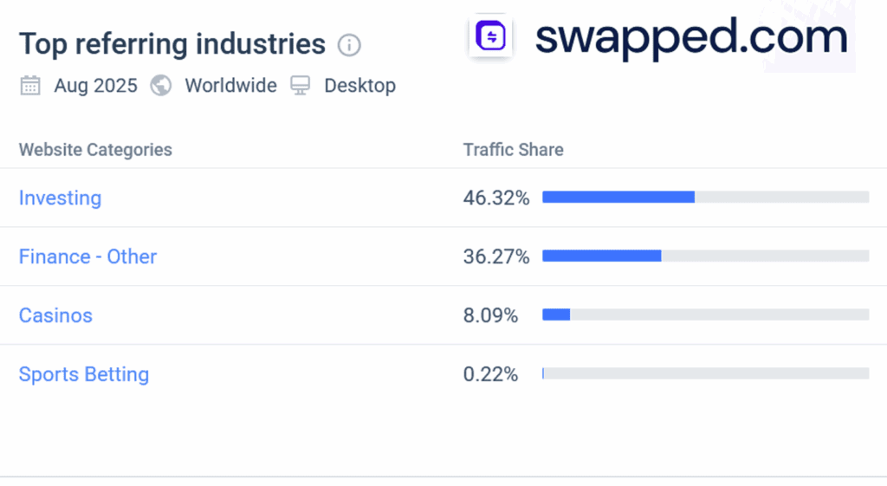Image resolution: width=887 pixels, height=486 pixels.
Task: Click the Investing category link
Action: click(60, 198)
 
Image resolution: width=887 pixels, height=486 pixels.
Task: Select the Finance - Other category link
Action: click(87, 257)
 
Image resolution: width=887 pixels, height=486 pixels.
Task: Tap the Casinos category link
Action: click(55, 316)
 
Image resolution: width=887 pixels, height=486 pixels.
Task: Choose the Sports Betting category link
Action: click(84, 375)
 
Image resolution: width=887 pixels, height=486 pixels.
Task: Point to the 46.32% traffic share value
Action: click(495, 198)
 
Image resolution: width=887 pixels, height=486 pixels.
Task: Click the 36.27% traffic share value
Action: click(495, 257)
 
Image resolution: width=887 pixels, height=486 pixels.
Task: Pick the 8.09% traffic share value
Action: click(490, 316)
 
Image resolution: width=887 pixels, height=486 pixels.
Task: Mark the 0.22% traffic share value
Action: click(490, 375)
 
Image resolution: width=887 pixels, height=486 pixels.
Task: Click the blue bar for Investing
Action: click(618, 198)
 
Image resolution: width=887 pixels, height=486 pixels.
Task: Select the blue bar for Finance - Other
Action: click(601, 256)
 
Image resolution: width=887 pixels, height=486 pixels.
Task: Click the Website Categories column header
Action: click(95, 150)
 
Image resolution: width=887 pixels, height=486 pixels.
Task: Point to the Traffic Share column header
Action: click(513, 150)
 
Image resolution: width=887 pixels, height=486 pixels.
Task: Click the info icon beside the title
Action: click(349, 45)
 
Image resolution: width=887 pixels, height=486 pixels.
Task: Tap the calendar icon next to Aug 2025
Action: click(30, 86)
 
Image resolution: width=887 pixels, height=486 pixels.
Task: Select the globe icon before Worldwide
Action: click(161, 86)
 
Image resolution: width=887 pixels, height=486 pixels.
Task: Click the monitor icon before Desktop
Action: click(301, 86)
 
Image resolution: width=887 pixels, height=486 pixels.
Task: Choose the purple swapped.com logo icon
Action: click(491, 37)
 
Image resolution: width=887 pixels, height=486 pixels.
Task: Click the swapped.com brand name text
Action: click(690, 38)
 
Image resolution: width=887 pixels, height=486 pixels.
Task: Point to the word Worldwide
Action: click(230, 86)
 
